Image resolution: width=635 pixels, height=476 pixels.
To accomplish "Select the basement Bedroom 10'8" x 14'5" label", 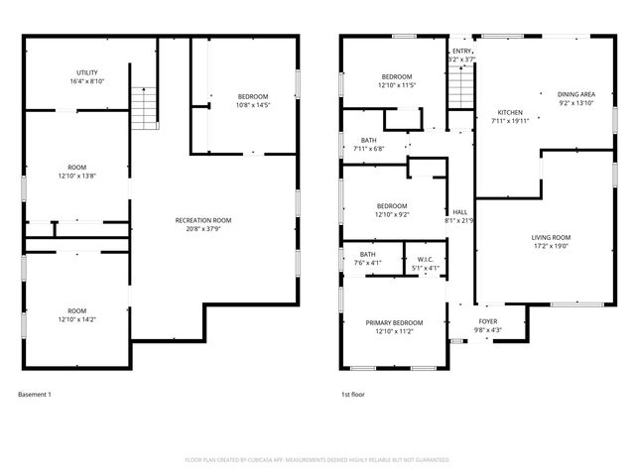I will [253, 100].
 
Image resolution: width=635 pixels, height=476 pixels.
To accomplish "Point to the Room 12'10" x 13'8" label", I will [76, 171].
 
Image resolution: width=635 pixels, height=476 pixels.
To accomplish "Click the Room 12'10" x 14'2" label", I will [76, 314].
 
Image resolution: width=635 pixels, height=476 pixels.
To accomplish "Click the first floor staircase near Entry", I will [460, 90].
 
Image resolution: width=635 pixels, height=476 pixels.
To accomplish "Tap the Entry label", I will [461, 56].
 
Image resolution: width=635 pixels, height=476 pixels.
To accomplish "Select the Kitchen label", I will [510, 117].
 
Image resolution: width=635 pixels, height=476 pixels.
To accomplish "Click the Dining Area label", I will [576, 98].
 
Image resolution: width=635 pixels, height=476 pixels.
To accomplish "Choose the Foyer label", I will [488, 325].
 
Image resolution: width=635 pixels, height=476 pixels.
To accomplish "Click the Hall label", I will [460, 215].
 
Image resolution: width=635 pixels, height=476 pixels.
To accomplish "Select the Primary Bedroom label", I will [394, 326].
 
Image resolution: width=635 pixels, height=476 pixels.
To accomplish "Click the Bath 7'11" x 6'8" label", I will [369, 145].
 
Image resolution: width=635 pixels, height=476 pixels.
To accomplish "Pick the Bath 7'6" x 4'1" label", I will [369, 259].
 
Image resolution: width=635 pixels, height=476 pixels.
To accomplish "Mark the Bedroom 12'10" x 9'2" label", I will [392, 210].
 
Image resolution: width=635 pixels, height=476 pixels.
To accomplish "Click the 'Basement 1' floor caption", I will [35, 394].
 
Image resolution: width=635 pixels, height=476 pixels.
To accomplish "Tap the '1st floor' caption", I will [354, 394].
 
